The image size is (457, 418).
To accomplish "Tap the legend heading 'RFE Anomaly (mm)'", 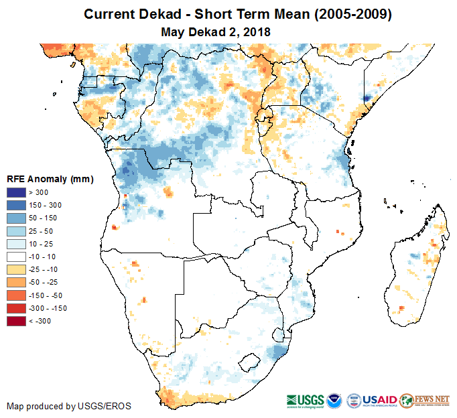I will [x=50, y=179].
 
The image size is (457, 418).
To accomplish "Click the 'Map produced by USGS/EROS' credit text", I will [x=69, y=406].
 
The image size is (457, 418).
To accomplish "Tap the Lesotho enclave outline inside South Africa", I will [x=252, y=362].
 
